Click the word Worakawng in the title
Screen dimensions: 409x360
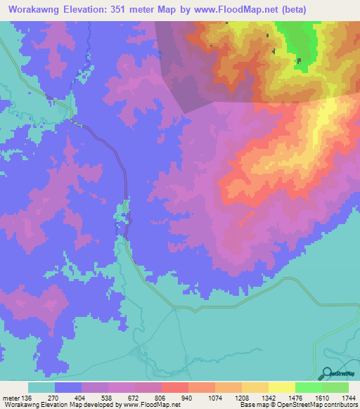pyautogui.click(x=34, y=10)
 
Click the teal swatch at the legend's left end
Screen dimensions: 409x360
pyautogui.click(x=41, y=387)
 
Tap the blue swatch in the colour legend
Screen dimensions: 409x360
pyautogui.click(x=68, y=387)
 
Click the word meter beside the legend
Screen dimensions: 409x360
pyautogui.click(x=10, y=397)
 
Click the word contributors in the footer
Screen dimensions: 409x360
pyautogui.click(x=340, y=405)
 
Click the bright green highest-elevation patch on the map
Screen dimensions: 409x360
pyautogui.click(x=299, y=42)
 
